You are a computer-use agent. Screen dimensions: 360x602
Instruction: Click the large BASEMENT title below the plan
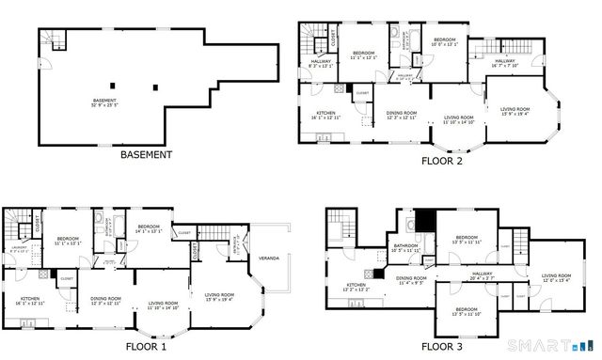point(146,154)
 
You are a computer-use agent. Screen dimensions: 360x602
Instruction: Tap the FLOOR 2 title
point(446,161)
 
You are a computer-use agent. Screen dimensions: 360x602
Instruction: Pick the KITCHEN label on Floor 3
point(356,285)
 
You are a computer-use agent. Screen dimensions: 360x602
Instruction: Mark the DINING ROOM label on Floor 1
point(105,300)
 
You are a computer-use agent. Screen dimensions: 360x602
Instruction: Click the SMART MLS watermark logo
point(559,339)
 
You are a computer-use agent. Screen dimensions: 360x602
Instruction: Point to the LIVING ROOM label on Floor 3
point(556,276)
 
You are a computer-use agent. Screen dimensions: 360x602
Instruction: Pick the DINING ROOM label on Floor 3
point(411,279)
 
